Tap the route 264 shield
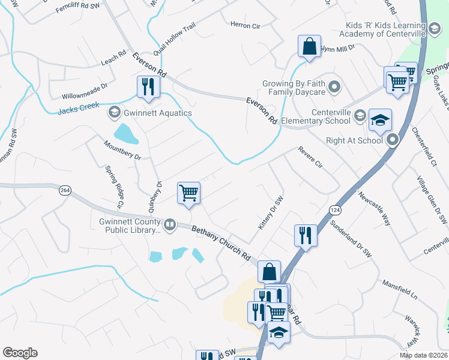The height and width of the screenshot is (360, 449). pyautogui.click(x=65, y=190)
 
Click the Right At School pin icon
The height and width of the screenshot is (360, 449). pyautogui.click(x=393, y=141)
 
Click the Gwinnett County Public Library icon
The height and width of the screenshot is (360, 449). pyautogui.click(x=170, y=225)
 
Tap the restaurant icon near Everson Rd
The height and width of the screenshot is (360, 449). pyautogui.click(x=148, y=86)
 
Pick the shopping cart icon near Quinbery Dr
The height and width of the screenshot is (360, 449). pyautogui.click(x=188, y=193)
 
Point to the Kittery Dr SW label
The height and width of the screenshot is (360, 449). pyautogui.click(x=270, y=214)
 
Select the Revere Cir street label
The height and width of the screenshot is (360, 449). pyautogui.click(x=311, y=160)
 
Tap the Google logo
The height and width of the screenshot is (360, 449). pyautogui.click(x=20, y=353)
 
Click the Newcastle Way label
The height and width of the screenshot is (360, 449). pyautogui.click(x=375, y=208)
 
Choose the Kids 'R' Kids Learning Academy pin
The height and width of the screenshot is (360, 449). pyautogui.click(x=435, y=27)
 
